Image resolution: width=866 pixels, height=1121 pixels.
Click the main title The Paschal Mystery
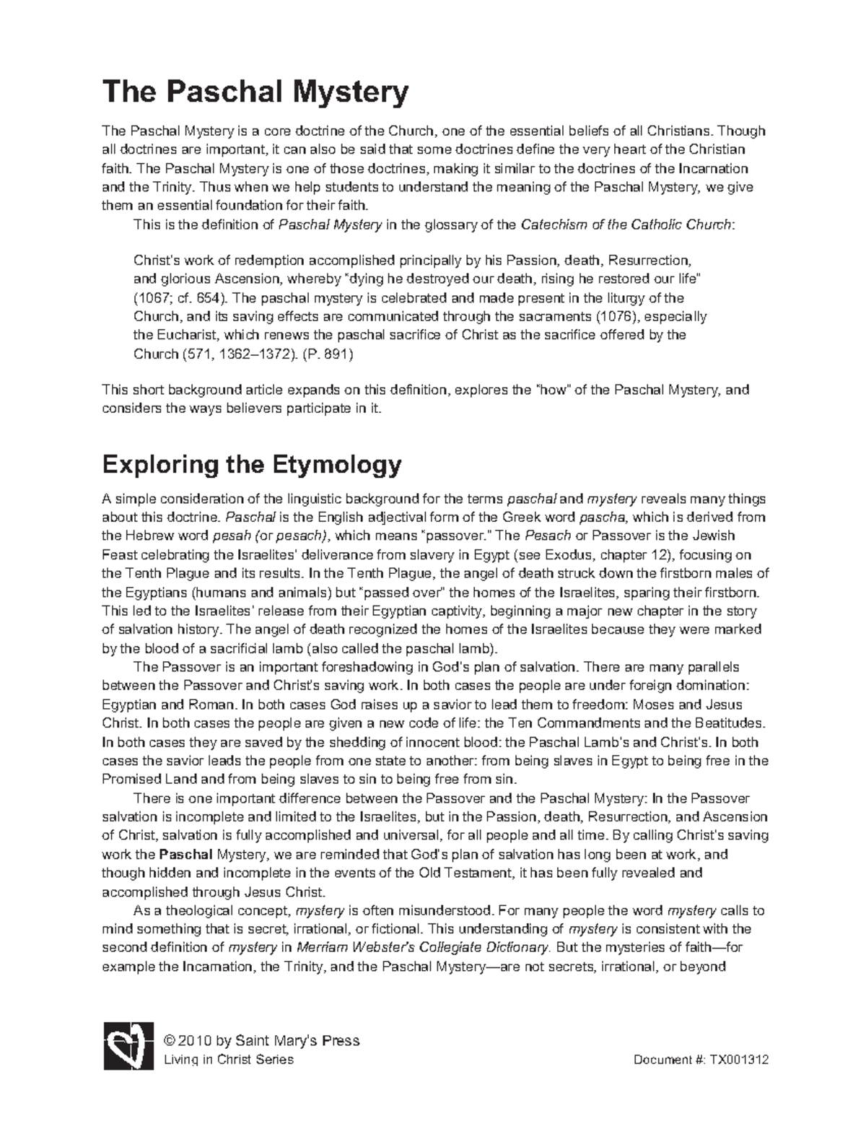255,92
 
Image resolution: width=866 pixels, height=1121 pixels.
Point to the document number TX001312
739,1060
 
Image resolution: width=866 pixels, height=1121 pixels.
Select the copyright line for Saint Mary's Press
262,1041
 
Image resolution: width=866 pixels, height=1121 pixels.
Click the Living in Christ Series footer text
229,1060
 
